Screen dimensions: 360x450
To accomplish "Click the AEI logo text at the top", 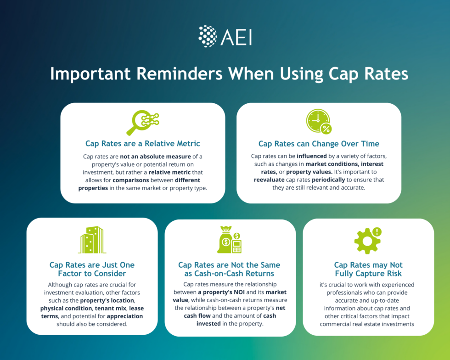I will [236, 37].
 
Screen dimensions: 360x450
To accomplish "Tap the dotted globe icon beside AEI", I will [208, 36].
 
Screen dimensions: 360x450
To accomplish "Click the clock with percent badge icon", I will [318, 121].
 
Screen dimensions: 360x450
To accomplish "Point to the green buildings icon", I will [92, 240].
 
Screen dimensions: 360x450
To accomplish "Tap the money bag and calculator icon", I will [230, 240].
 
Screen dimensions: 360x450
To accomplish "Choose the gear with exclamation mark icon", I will [368, 240].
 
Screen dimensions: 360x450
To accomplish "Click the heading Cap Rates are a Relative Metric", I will [142, 144].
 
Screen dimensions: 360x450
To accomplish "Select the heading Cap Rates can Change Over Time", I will [318, 144].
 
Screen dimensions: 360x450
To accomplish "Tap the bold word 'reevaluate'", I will [272, 180].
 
